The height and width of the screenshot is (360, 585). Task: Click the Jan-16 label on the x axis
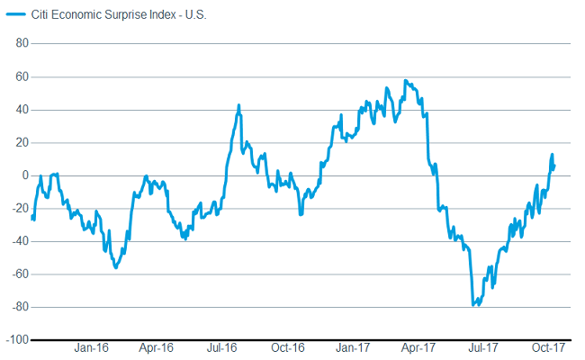pos(92,348)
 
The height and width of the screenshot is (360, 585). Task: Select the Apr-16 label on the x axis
pos(157,348)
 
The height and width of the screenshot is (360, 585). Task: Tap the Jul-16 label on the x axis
pos(221,348)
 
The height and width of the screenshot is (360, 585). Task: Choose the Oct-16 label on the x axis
pos(287,348)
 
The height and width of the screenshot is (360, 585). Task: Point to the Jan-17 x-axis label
pos(353,348)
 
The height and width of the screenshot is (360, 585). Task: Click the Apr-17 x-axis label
pos(418,348)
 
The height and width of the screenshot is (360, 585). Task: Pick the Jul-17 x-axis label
pos(483,348)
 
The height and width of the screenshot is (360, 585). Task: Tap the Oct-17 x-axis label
pos(547,348)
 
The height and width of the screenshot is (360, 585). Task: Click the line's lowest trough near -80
pos(473,306)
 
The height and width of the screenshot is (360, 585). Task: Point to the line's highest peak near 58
pos(406,81)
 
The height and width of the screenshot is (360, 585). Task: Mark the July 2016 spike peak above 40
pos(238,105)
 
